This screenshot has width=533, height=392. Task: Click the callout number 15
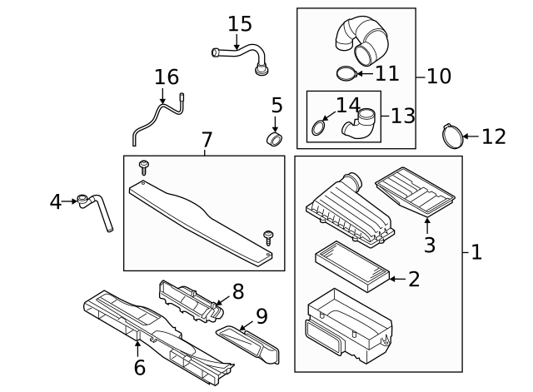pos(239,22)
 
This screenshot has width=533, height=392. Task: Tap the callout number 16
pos(167,77)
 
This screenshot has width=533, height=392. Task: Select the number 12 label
pos(493,136)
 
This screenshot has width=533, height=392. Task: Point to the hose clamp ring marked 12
pos(452,133)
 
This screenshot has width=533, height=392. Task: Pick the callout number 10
pos(438,76)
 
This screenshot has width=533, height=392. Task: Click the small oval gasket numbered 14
pos(319,128)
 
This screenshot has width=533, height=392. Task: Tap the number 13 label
pos(402,116)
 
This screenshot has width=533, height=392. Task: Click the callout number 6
pos(139,366)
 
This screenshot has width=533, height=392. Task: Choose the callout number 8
pos(237,290)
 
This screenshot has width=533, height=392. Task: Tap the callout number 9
pos(261,315)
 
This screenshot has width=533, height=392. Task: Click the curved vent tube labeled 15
pos(242,55)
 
